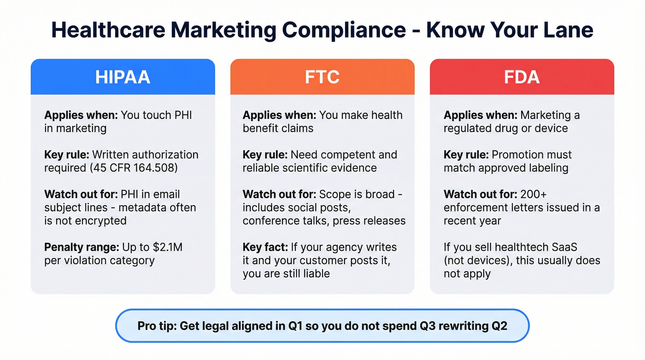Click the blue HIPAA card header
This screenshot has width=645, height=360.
click(x=123, y=77)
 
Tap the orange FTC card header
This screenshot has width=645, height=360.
click(x=322, y=77)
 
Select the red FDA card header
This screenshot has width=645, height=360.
click(x=522, y=77)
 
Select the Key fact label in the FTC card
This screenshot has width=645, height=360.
click(x=267, y=247)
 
